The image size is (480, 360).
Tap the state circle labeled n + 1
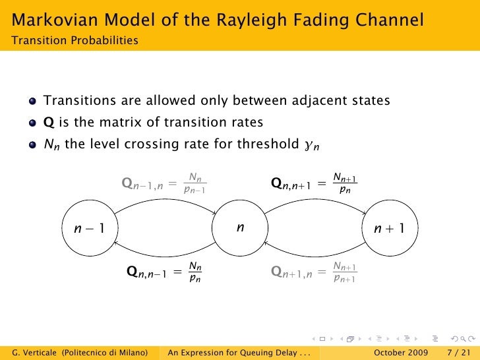389,229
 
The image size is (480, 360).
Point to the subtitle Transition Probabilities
75,41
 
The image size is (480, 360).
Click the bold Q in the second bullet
49,123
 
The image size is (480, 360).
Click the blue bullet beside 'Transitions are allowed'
33,102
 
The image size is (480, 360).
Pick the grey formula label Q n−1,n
165,183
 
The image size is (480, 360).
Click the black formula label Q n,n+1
315,183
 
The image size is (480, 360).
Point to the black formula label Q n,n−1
165,271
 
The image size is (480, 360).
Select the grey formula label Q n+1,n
315,271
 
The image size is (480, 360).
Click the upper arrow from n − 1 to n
165,201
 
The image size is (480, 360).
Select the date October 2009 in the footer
401,352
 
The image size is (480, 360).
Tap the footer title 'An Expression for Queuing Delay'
240,352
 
